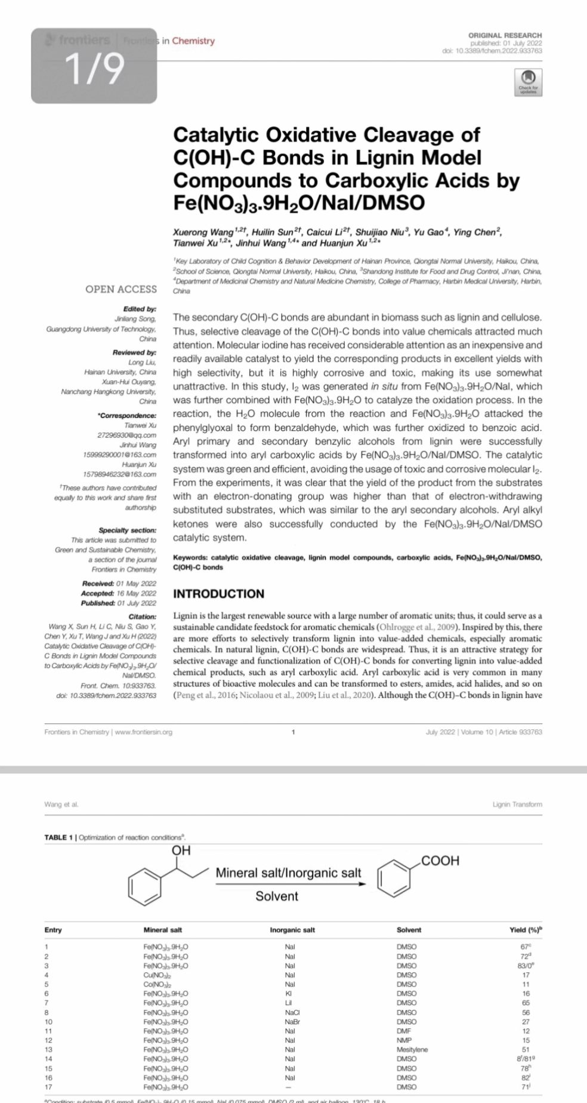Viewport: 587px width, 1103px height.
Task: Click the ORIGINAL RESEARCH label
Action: pos(505,36)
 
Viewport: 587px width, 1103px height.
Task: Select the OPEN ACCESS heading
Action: pos(121,289)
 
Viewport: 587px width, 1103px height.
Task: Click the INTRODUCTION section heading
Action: pos(218,594)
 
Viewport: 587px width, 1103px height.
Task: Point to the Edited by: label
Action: pos(140,309)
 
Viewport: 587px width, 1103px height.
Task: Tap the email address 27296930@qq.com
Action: pos(127,435)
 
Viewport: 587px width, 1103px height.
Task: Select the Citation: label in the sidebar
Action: pos(143,617)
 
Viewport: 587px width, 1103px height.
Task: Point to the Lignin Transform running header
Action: pos(517,804)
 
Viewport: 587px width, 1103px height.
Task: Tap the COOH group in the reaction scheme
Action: pos(440,861)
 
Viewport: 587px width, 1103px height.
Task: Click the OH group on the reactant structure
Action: pos(181,851)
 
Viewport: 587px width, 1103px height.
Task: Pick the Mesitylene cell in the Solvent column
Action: pos(412,1049)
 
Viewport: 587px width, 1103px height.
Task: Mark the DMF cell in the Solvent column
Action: pos(405,1031)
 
